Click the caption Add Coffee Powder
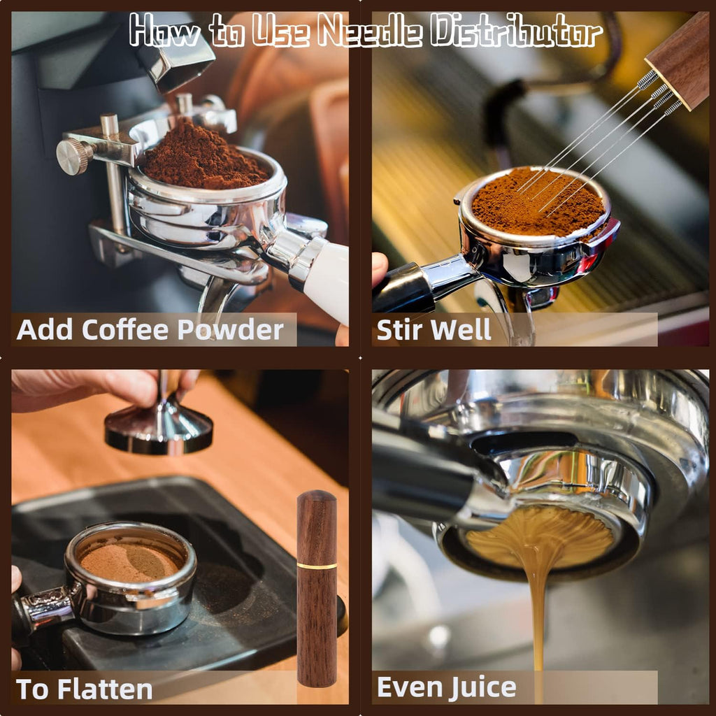[x=150, y=329]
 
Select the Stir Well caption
[x=434, y=329]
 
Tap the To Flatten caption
[x=84, y=689]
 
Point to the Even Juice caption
[x=446, y=687]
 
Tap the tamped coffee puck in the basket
[x=129, y=559]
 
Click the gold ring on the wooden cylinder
[x=316, y=565]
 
